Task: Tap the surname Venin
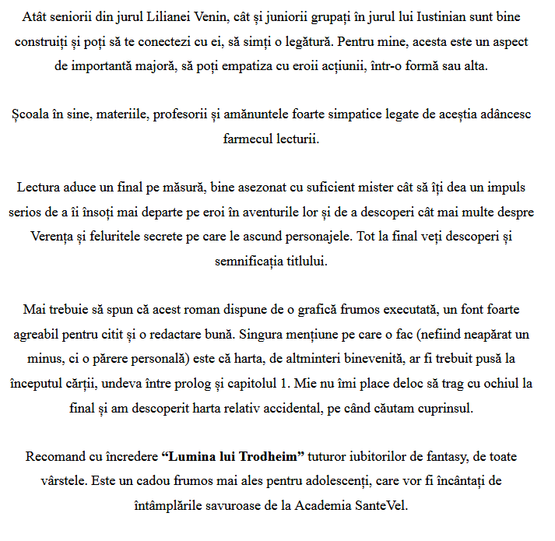224,16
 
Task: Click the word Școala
30,114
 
